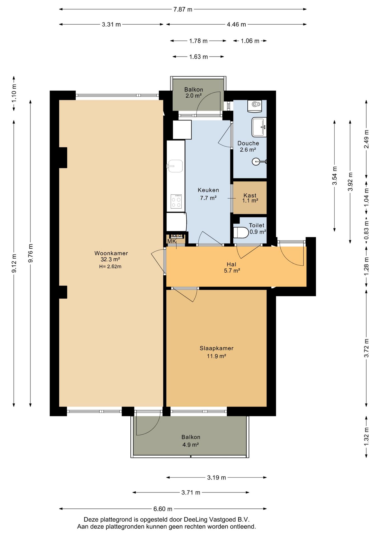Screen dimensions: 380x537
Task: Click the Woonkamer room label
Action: [x=111, y=253]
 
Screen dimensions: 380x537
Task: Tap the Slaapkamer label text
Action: [x=217, y=348]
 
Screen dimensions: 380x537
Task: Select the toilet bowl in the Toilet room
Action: [x=241, y=232]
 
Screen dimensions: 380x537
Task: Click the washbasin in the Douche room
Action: [x=259, y=127]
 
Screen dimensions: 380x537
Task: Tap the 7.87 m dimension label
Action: [x=183, y=9]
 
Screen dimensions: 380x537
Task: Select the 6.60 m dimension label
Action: [x=163, y=509]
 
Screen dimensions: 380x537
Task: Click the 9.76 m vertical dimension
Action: [x=31, y=253]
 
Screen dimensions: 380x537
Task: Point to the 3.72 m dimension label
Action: [x=366, y=348]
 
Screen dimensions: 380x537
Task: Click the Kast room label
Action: [x=250, y=196]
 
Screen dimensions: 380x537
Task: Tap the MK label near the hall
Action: [x=172, y=241]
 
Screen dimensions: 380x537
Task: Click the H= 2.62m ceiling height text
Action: [x=110, y=267]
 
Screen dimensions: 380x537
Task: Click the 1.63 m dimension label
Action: [x=198, y=57]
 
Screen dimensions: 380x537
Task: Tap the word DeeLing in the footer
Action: [x=196, y=519]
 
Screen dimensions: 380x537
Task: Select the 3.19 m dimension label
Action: [x=217, y=477]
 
